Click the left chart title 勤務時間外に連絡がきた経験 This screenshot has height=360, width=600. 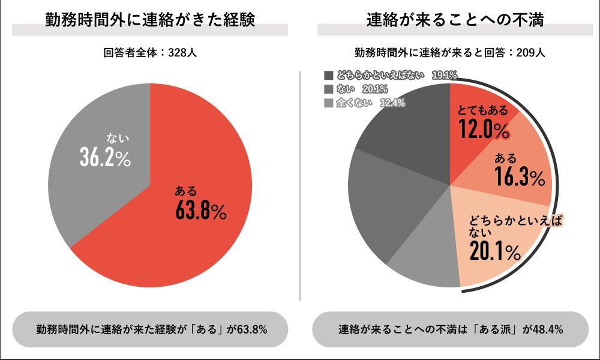(x=151, y=20)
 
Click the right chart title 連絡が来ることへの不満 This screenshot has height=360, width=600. (x=450, y=20)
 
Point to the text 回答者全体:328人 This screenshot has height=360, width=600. (x=150, y=53)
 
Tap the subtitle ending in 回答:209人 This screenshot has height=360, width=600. (x=449, y=53)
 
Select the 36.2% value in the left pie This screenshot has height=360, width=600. (x=106, y=157)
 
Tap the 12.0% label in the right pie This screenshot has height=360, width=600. (x=483, y=128)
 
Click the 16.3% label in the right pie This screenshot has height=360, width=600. (x=520, y=177)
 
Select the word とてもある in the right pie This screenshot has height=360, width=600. (x=482, y=110)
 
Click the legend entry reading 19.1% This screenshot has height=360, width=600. (x=391, y=76)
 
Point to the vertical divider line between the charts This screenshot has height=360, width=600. (x=299, y=180)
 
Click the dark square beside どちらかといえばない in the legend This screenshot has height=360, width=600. (x=328, y=76)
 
